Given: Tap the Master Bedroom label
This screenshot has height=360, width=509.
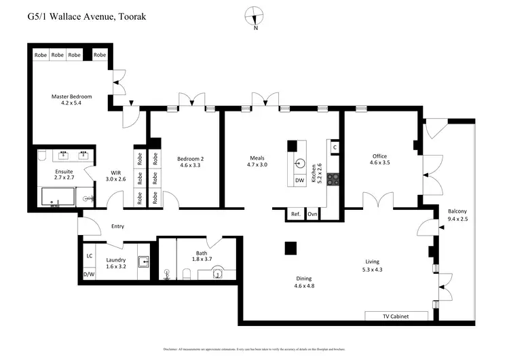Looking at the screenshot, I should [71, 96].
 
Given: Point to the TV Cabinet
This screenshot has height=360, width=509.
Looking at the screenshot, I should [396, 316].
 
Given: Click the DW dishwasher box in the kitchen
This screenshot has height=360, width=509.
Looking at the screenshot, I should [300, 181].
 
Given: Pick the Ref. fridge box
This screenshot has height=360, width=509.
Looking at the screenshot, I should [295, 214].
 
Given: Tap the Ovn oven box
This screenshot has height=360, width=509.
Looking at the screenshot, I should [312, 214].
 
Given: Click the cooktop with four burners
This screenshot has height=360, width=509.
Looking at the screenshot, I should [333, 179].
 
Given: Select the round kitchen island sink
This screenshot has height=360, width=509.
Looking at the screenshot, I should [300, 163].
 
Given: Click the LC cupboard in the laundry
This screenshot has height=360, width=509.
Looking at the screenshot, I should [89, 256].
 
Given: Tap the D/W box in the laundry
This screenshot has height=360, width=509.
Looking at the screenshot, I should [89, 274].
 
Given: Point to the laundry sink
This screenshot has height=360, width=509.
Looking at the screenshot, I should [143, 262].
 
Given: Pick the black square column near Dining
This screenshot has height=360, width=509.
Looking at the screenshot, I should [290, 249].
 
